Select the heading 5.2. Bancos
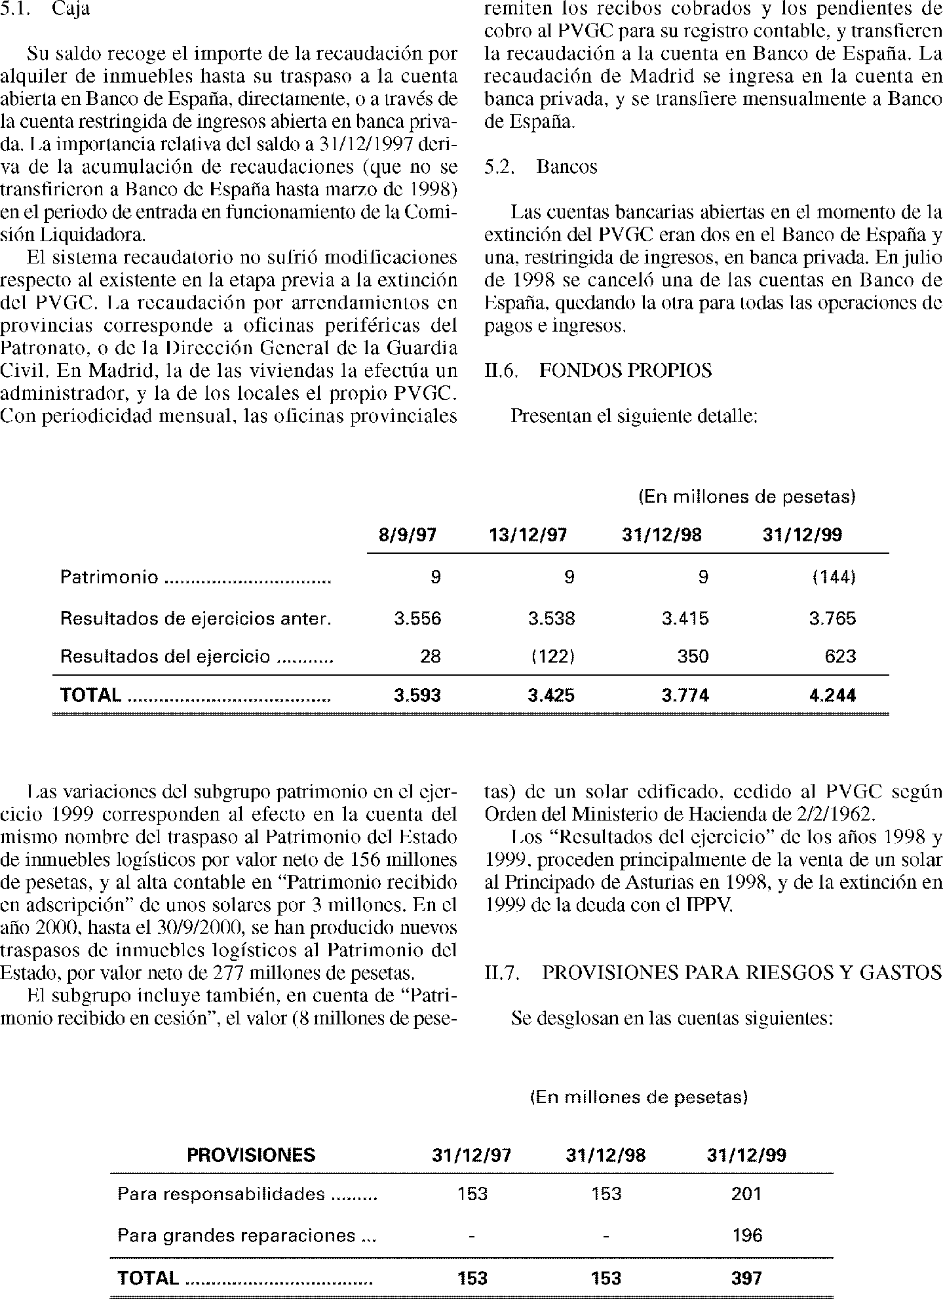point(541,167)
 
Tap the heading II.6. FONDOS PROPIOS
point(598,371)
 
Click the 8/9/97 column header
point(408,535)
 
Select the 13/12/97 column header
point(528,535)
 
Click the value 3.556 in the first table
point(417,618)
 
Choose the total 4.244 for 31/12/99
point(833,695)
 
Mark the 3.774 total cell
point(685,695)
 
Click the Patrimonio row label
point(109,577)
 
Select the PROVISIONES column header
point(251,1155)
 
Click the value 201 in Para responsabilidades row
point(746,1194)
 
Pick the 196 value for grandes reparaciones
point(747,1236)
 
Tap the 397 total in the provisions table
point(746,1278)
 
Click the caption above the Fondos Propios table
point(747,497)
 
